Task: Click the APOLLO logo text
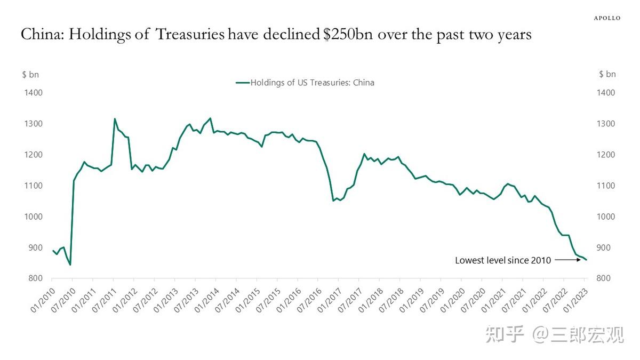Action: point(607,18)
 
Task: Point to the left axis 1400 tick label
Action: point(33,93)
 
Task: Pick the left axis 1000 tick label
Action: point(33,217)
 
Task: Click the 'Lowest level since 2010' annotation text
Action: point(502,260)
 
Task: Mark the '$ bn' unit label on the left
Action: point(30,74)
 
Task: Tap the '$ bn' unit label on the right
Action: point(607,74)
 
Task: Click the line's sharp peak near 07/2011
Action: point(115,119)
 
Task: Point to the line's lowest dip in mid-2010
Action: point(70,265)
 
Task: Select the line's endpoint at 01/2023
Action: point(586,260)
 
